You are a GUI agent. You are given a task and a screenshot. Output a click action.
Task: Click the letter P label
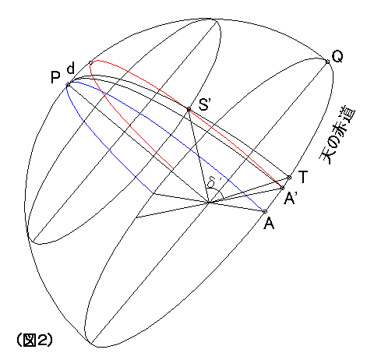pyautogui.click(x=55, y=77)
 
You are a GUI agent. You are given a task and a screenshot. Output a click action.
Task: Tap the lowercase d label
pyautogui.click(x=71, y=68)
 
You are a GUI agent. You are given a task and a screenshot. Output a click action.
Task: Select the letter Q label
pyautogui.click(x=337, y=57)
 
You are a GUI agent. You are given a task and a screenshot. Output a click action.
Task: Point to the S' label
pyautogui.click(x=204, y=104)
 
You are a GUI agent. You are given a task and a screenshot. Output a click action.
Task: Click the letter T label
pyautogui.click(x=303, y=177)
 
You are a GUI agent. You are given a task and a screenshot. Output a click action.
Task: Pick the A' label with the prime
pyautogui.click(x=290, y=199)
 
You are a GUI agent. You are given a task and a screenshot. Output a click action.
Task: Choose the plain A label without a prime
pyautogui.click(x=269, y=224)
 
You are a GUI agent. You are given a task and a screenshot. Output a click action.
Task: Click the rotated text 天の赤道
pyautogui.click(x=337, y=135)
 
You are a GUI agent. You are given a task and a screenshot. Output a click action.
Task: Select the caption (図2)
pyautogui.click(x=34, y=340)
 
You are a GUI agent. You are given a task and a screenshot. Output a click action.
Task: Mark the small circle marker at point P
pyautogui.click(x=68, y=84)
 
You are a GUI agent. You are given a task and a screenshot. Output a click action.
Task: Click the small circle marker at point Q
pyautogui.click(x=327, y=62)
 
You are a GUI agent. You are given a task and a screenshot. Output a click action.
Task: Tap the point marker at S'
pyautogui.click(x=189, y=108)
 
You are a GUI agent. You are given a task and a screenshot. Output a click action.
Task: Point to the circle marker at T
pyautogui.click(x=289, y=178)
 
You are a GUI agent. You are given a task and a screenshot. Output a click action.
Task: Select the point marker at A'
pyautogui.click(x=283, y=188)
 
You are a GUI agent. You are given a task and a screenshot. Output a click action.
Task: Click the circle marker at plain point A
pyautogui.click(x=265, y=212)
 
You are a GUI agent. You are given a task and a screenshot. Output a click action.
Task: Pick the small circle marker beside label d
pyautogui.click(x=90, y=62)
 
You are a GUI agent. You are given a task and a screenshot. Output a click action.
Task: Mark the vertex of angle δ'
pyautogui.click(x=209, y=203)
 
